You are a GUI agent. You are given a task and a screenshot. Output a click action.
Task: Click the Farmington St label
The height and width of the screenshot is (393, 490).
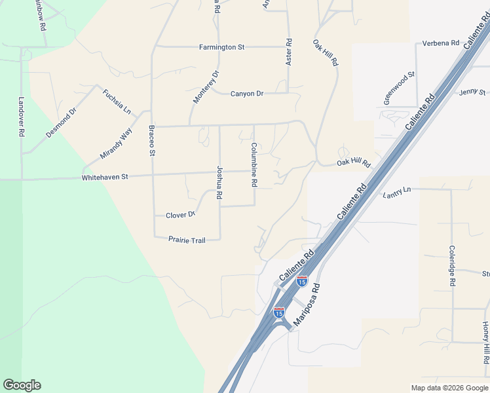point(221,47)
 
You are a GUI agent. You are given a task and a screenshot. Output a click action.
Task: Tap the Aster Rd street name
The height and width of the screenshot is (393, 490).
point(288,51)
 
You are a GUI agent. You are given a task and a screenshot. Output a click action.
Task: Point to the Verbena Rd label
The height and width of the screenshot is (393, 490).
point(441,43)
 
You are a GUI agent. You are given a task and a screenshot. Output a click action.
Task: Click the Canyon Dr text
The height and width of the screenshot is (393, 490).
point(247,94)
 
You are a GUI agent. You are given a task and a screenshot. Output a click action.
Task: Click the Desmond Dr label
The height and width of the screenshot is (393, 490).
point(61,122)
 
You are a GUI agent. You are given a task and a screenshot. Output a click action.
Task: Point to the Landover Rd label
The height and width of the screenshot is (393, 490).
point(22,117)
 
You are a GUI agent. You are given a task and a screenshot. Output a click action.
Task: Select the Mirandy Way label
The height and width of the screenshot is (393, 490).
point(116,144)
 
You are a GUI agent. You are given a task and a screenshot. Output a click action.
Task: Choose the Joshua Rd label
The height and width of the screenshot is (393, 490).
point(220,183)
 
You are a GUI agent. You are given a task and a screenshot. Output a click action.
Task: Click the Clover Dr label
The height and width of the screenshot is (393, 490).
point(180,215)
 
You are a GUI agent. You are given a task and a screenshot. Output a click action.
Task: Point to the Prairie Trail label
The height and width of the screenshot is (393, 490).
point(187,240)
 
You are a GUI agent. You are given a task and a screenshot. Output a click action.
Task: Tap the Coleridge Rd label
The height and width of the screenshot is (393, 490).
point(452,266)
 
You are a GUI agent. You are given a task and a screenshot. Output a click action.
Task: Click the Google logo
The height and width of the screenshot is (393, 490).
point(22,385)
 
